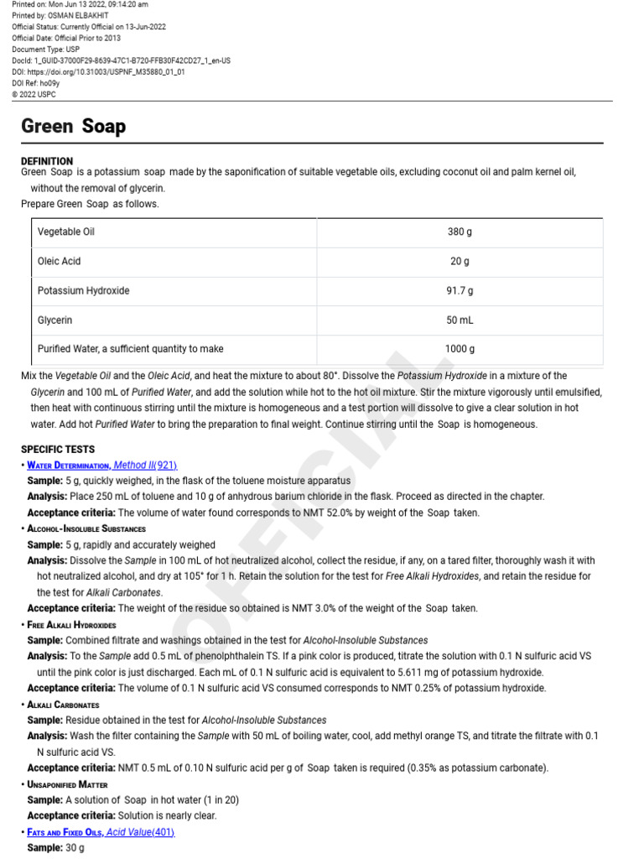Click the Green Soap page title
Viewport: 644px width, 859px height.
[73, 127]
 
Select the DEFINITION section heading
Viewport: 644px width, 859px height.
[47, 161]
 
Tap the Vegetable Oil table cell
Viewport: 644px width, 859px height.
[66, 232]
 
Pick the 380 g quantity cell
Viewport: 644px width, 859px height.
[460, 232]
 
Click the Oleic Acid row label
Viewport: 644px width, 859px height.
[60, 261]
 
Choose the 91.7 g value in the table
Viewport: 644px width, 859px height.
[460, 290]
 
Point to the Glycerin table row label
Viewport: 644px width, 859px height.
[55, 320]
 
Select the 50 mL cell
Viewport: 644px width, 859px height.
[460, 320]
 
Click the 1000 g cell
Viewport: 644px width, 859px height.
[460, 349]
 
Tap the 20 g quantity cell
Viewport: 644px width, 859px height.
[460, 261]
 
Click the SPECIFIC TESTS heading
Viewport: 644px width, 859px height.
[58, 450]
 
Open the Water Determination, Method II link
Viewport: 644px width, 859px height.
[101, 466]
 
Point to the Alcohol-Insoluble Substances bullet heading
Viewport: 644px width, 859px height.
[86, 529]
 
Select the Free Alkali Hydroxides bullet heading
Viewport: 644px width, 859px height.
[72, 625]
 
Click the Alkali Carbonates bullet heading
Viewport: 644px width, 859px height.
[64, 705]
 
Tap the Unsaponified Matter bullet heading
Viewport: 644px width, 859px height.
[70, 784]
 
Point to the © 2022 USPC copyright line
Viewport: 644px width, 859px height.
[35, 95]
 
